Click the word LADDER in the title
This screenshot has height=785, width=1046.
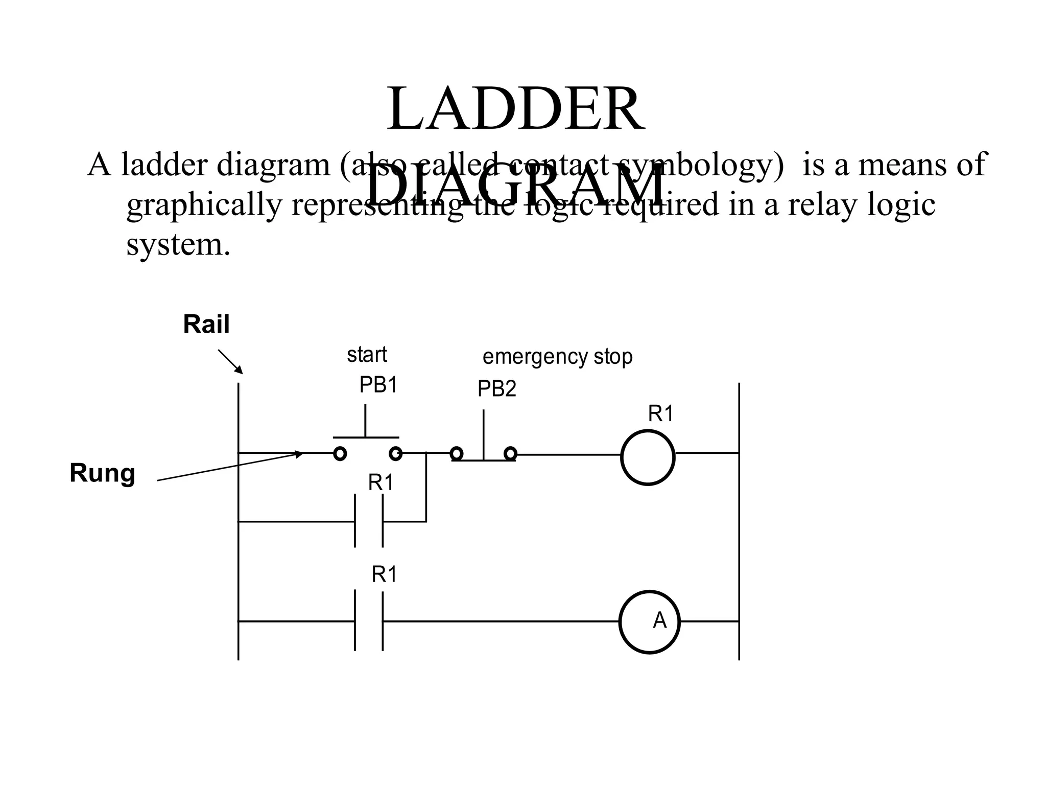[515, 109]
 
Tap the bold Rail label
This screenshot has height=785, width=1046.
[206, 325]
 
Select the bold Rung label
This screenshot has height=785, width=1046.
[102, 473]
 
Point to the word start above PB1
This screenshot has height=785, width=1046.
[367, 355]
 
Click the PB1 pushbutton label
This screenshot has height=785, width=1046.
[378, 385]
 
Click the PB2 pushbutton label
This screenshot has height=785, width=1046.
[496, 389]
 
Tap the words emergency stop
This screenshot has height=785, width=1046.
[557, 357]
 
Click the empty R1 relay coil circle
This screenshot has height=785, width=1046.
[648, 457]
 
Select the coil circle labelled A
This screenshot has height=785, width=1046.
[650, 622]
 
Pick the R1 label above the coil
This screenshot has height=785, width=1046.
[661, 413]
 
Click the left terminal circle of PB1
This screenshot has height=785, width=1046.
[340, 453]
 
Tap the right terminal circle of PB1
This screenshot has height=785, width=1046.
[395, 453]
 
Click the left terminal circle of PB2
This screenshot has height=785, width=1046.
[457, 453]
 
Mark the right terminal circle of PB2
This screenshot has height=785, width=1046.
[510, 453]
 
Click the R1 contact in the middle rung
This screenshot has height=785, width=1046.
[369, 521]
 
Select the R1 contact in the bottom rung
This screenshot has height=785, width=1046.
[369, 621]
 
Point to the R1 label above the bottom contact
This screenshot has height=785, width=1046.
[384, 575]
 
